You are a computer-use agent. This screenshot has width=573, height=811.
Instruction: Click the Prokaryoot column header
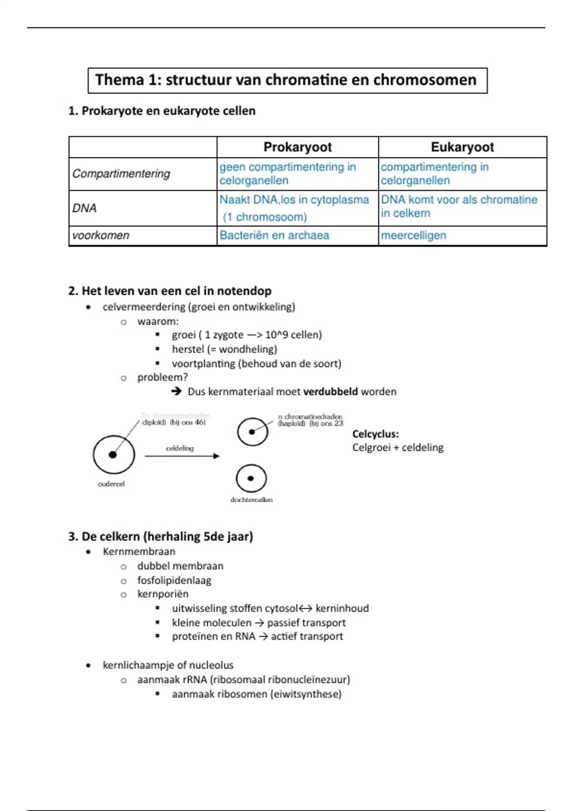[297, 147]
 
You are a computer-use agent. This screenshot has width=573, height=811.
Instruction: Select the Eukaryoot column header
[462, 147]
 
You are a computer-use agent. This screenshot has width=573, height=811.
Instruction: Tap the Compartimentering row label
[121, 174]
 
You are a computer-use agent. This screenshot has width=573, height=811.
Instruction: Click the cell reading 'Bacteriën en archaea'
[275, 235]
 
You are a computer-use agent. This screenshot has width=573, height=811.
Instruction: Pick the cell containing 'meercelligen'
[414, 235]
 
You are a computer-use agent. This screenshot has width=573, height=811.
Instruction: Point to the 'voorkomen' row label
[101, 235]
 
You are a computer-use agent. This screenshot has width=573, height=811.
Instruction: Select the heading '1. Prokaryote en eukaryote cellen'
[162, 111]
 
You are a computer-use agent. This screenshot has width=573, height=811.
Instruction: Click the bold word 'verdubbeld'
[330, 392]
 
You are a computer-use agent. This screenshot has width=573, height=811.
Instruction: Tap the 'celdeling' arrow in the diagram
[182, 456]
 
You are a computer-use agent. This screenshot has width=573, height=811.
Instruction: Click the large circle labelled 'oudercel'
[114, 455]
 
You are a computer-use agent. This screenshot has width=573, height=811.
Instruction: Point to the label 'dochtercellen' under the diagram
[252, 499]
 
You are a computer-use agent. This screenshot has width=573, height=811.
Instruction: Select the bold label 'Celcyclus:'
[375, 434]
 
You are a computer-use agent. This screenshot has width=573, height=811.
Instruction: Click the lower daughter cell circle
[251, 478]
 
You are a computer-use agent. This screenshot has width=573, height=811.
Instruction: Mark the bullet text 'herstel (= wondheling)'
[224, 349]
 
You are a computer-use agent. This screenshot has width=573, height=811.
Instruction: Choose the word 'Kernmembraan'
[139, 551]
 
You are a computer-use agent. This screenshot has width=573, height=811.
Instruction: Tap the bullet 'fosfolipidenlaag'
[174, 580]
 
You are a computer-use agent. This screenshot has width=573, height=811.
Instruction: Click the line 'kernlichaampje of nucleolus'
[168, 665]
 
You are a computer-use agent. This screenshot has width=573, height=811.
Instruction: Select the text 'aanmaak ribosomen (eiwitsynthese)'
[257, 694]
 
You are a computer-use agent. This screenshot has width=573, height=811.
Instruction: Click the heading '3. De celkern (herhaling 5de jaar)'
[160, 536]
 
